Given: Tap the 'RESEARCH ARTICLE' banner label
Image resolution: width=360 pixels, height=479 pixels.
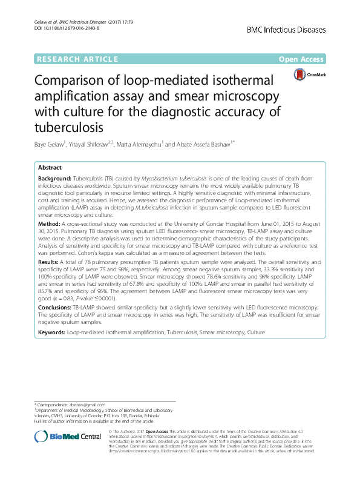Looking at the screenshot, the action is [77, 59].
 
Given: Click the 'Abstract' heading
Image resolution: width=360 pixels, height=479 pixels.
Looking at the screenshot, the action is [50, 167].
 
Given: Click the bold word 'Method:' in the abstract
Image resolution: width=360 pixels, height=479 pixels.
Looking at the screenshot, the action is [48, 223].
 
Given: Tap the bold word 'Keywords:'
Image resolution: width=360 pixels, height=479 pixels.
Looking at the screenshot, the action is [51, 332].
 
